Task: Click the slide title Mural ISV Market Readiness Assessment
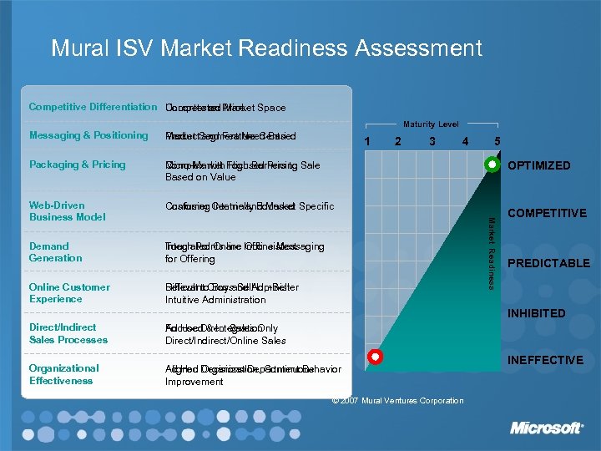(266, 48)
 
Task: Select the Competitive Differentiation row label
(93, 107)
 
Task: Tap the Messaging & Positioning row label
(88, 135)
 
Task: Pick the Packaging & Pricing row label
(77, 165)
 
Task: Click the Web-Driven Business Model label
(68, 210)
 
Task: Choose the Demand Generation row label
(56, 252)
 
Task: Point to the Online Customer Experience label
(69, 293)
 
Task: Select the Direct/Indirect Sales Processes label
(68, 333)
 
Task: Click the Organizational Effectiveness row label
(64, 374)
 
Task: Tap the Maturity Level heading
(431, 125)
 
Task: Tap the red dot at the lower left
(376, 357)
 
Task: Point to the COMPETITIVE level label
(547, 213)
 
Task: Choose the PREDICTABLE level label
(548, 263)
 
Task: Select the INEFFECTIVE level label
(545, 360)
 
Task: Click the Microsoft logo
(546, 428)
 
